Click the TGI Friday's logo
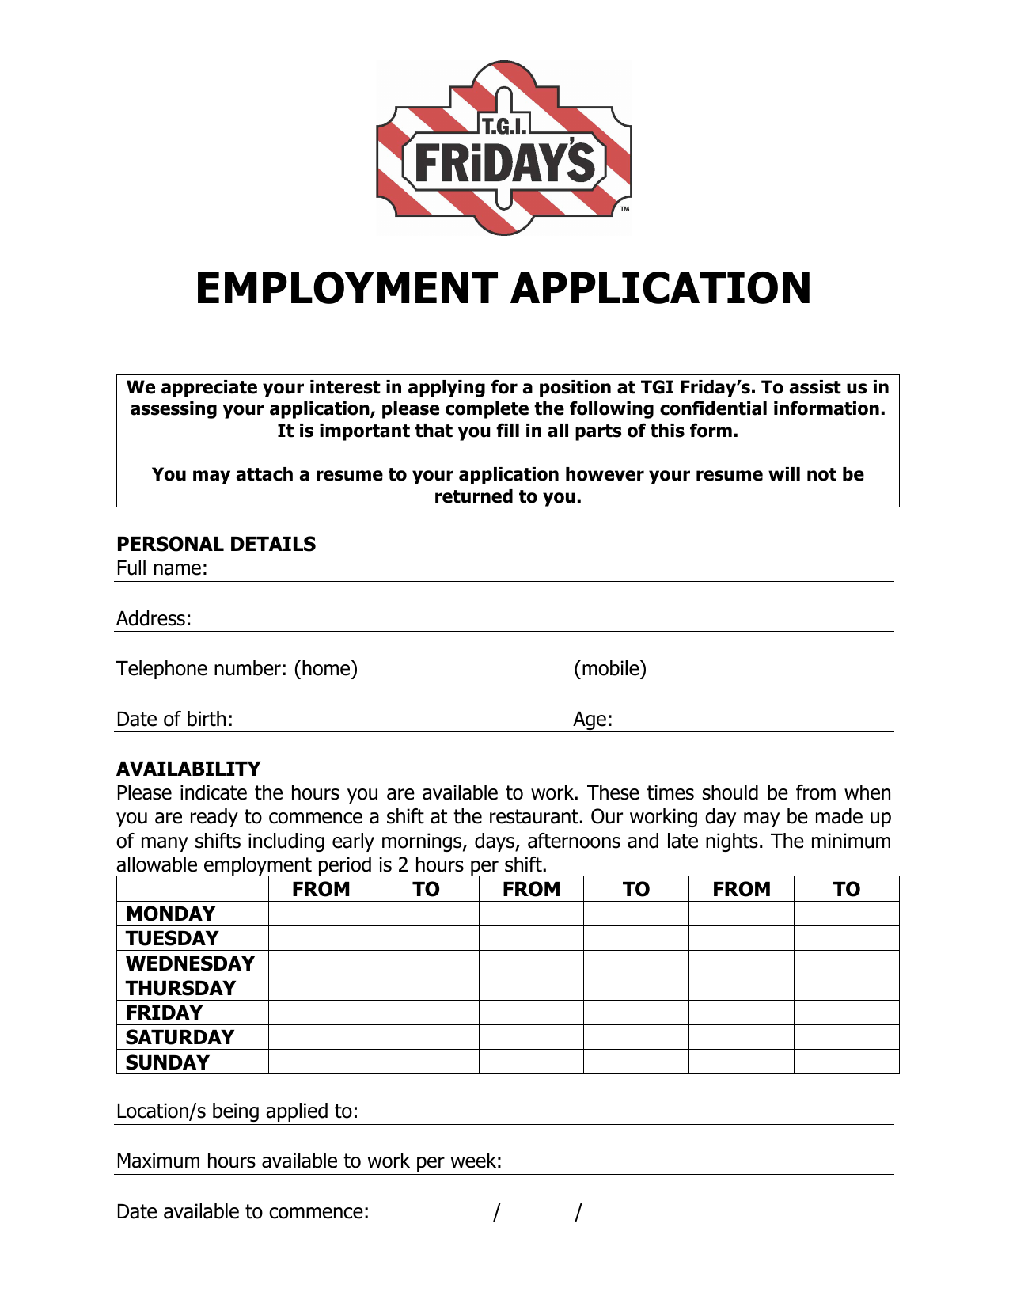click(504, 149)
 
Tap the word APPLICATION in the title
click(660, 288)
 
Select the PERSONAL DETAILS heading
click(216, 544)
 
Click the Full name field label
click(162, 568)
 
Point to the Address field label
click(154, 618)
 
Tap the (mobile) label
click(610, 669)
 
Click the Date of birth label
click(175, 719)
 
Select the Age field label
click(593, 719)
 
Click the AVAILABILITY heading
click(188, 769)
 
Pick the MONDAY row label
click(170, 914)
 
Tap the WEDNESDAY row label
click(190, 963)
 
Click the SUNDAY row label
click(167, 1062)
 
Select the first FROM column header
click(321, 889)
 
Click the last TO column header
click(846, 889)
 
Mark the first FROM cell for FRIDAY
click(321, 1013)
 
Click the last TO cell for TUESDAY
click(846, 939)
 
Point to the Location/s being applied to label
click(237, 1111)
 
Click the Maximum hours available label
click(309, 1161)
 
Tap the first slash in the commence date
click(496, 1211)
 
